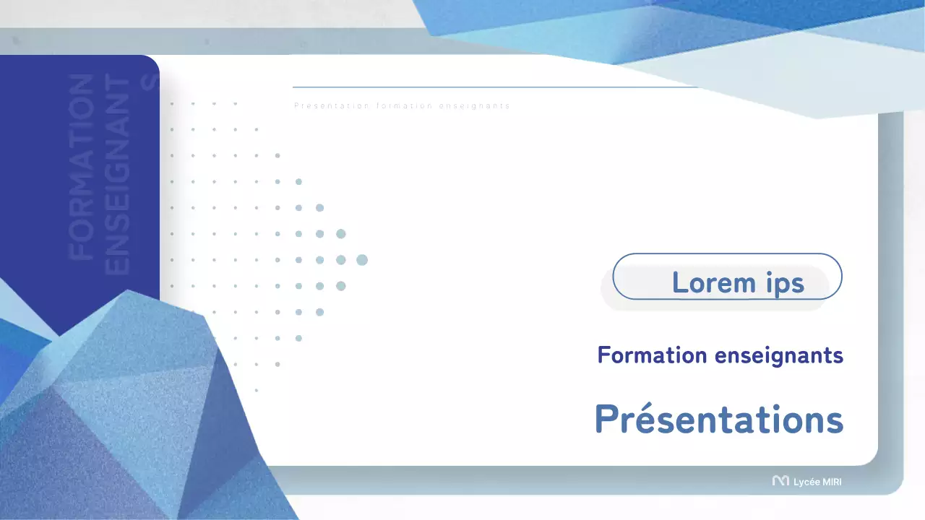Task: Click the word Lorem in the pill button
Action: (713, 282)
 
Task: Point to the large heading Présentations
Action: (719, 419)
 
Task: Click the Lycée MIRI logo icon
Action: (780, 481)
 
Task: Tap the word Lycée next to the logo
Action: (806, 482)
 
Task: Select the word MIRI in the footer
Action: (832, 482)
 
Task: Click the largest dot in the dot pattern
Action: (362, 260)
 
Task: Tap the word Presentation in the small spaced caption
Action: (332, 106)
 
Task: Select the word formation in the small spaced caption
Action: (404, 106)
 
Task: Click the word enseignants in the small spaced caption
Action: (475, 106)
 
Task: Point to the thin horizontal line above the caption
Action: (491, 87)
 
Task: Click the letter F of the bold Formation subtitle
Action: (603, 355)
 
